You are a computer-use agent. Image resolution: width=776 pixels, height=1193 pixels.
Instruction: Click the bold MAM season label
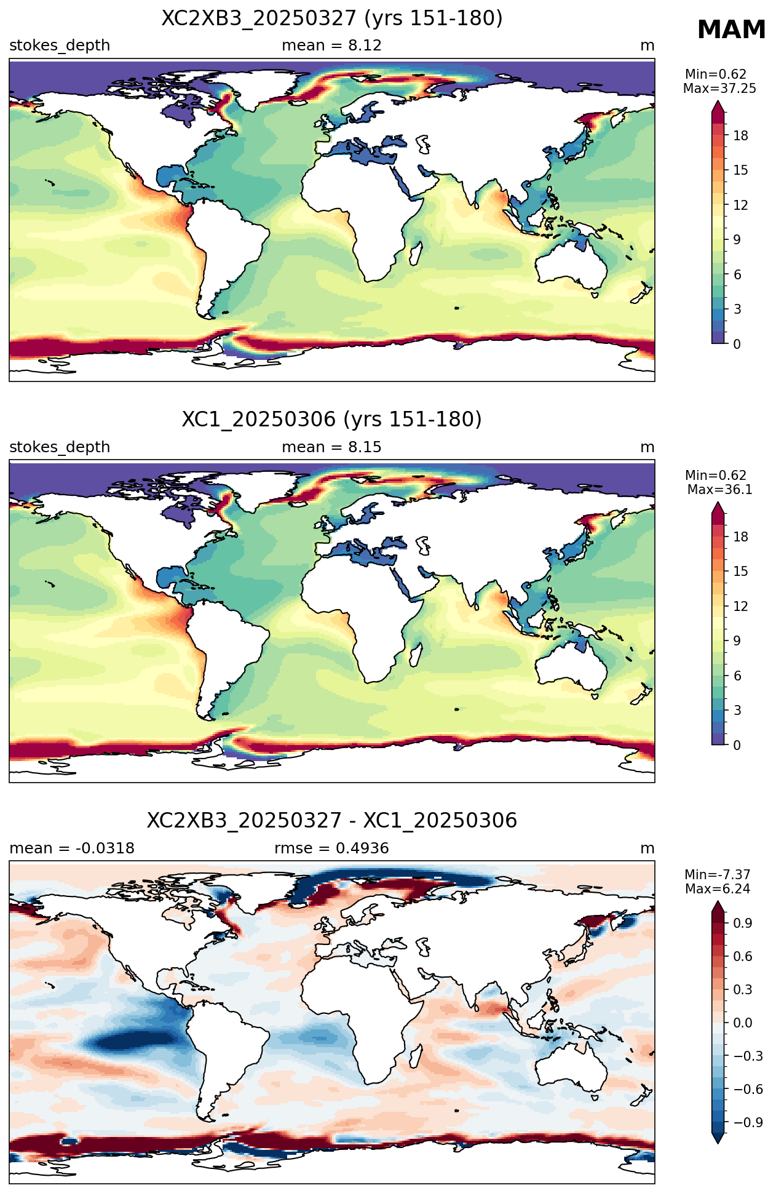731,30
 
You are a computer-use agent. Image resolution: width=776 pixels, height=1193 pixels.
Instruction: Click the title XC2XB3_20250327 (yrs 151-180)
332,18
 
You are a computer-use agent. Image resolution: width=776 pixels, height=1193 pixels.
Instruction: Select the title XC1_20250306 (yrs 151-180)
332,420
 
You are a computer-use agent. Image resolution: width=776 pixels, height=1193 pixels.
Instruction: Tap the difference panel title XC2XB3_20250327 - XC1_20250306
332,821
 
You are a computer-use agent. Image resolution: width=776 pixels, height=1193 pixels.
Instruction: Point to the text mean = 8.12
331,46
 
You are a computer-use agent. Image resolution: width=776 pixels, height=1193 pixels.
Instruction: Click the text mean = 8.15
331,447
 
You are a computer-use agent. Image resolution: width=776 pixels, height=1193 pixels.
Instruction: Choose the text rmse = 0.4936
331,848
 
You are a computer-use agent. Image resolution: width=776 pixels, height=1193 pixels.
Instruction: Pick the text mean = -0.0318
72,848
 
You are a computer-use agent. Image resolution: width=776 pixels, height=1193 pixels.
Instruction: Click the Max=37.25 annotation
719,89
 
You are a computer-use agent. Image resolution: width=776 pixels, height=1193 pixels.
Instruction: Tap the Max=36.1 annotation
719,490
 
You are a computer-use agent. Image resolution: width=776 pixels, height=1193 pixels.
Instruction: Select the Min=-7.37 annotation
718,875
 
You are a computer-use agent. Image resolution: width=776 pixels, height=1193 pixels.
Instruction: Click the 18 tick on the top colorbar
741,136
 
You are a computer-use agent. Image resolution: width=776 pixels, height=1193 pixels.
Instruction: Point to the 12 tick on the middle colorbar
741,607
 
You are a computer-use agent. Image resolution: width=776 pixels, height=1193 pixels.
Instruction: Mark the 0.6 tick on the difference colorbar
743,956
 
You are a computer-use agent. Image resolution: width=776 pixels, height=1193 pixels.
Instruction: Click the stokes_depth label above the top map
60,46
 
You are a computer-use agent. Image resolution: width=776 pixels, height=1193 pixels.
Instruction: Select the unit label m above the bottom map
647,848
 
